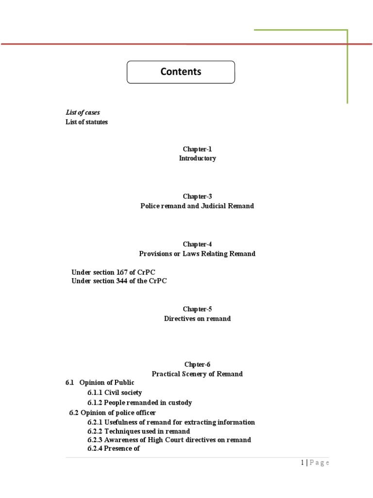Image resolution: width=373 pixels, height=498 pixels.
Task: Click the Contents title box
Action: point(181,72)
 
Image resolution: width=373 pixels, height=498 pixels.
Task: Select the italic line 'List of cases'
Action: point(83,112)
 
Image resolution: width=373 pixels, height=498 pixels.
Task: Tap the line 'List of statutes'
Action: point(86,122)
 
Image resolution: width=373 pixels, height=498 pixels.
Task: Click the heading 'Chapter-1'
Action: point(197,149)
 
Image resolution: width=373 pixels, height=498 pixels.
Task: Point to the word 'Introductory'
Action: point(197,159)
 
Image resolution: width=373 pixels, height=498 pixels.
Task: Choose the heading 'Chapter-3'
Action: point(197,196)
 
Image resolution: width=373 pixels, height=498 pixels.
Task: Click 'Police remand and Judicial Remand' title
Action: point(197,206)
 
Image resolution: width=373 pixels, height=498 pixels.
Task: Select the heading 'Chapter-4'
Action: point(197,244)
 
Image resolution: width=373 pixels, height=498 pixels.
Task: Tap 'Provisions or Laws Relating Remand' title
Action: point(197,254)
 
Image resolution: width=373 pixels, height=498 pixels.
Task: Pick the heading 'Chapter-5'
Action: point(197,309)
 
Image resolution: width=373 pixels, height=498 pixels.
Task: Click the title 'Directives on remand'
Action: point(197,319)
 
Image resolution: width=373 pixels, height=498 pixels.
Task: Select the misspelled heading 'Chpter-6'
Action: point(197,365)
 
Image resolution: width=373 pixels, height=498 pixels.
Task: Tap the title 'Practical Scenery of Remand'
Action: point(197,374)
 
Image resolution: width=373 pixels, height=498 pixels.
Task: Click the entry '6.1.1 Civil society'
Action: point(115,392)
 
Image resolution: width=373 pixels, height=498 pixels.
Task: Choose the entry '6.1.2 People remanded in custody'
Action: point(140,403)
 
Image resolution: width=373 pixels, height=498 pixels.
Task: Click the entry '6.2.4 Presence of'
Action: point(114,449)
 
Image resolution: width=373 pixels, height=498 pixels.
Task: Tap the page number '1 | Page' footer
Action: point(315,463)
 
